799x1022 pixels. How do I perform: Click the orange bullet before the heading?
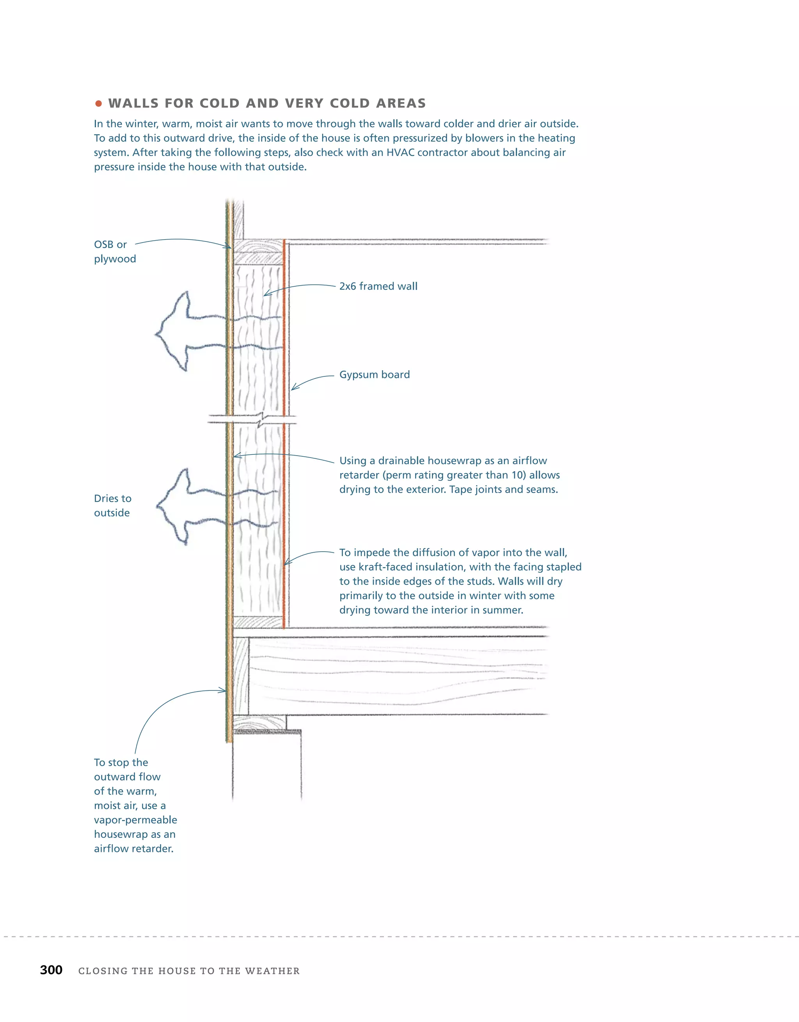[x=98, y=103]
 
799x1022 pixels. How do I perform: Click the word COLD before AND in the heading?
[x=220, y=103]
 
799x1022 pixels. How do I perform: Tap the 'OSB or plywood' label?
[x=115, y=252]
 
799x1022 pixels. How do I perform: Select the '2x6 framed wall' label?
[x=378, y=286]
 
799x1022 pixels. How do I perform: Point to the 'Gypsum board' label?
[x=375, y=375]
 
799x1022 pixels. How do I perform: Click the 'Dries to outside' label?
[x=112, y=506]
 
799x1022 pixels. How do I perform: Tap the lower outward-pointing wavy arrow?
[x=187, y=507]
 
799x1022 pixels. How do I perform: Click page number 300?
[x=51, y=970]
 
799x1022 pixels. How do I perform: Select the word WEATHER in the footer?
[x=272, y=971]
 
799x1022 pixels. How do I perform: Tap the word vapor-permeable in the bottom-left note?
[x=135, y=820]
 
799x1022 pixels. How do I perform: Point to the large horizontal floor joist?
[x=398, y=675]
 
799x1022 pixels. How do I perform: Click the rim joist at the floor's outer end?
[x=241, y=675]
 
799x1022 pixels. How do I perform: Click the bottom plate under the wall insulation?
[x=258, y=623]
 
